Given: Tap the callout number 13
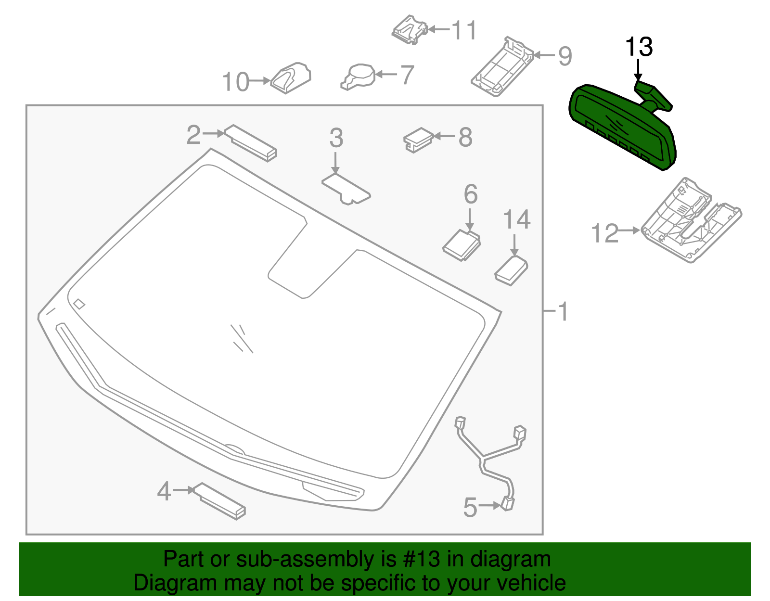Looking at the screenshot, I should (x=639, y=47).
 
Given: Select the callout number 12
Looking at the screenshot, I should (x=604, y=234).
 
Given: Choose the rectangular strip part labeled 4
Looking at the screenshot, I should (x=220, y=501).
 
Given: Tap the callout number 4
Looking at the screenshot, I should (x=164, y=492).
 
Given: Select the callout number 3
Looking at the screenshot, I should (x=336, y=138).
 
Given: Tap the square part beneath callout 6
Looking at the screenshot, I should (x=462, y=245).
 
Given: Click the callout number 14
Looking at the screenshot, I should (x=516, y=220).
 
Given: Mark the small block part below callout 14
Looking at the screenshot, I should (x=511, y=271).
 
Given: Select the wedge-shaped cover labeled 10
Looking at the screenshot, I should (x=291, y=78).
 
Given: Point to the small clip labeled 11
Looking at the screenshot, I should (x=410, y=30).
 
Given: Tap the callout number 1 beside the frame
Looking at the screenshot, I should (x=563, y=312).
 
